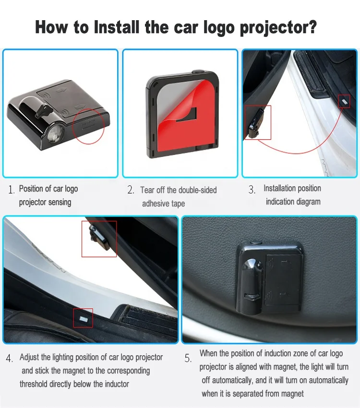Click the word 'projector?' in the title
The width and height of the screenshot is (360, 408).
pyautogui.click(x=278, y=28)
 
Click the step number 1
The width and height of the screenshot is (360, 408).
pyautogui.click(x=11, y=190)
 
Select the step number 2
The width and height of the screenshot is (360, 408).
pyautogui.click(x=131, y=190)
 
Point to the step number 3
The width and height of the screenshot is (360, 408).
pyautogui.click(x=252, y=190)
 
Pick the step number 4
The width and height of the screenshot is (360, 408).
pyautogui.click(x=10, y=359)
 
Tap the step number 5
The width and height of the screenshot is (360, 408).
pyautogui.click(x=188, y=359)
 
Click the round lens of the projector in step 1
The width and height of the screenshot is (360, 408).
pyautogui.click(x=55, y=132)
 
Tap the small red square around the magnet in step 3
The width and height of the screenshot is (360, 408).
pyautogui.click(x=344, y=101)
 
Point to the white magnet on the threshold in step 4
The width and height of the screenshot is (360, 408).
pyautogui.click(x=83, y=318)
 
